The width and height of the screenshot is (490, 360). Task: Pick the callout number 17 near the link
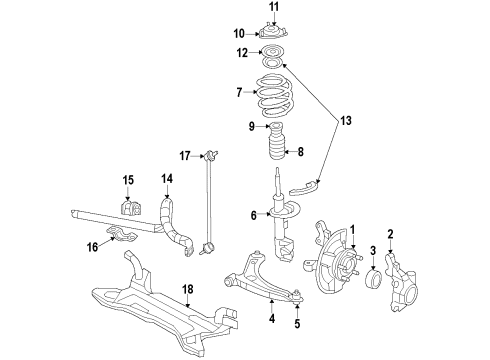click(x=186, y=155)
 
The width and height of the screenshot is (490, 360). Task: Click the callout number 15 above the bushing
click(x=128, y=180)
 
